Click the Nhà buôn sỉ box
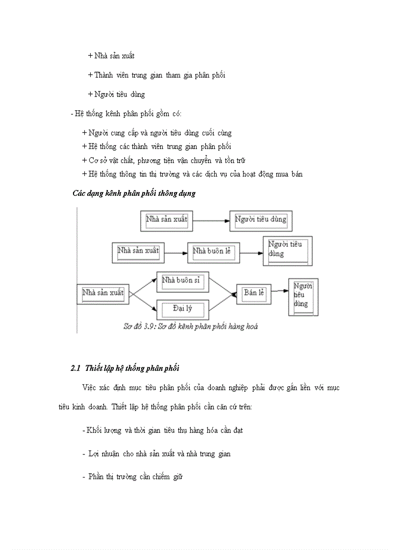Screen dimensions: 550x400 (183, 282)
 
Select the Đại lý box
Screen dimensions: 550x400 (183, 309)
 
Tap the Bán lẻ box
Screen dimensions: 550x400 (253, 294)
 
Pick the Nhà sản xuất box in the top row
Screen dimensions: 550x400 (166, 221)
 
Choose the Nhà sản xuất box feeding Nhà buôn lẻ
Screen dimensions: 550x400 (138, 252)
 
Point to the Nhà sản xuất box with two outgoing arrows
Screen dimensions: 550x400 (103, 294)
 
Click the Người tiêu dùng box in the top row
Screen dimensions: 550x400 (260, 221)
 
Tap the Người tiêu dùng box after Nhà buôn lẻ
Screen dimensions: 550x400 (288, 250)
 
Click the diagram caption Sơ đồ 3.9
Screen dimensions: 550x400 (191, 327)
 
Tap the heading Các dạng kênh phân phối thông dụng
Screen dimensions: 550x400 (134, 193)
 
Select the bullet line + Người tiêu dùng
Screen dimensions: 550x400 (116, 94)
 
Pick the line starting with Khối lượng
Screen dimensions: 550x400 (163, 430)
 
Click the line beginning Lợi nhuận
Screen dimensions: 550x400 (156, 454)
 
